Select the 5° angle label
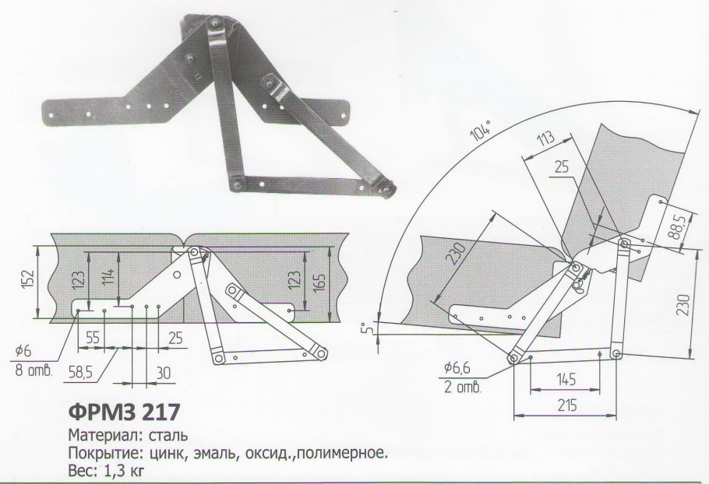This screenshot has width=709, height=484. point(375,328)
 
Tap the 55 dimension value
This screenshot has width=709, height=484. point(93,338)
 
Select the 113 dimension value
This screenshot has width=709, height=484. point(548,141)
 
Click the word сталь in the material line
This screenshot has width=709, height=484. point(163,433)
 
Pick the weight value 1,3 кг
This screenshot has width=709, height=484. point(122,470)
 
